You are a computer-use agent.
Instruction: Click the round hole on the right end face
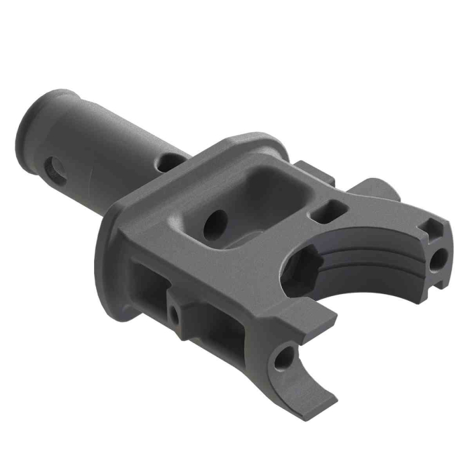441,258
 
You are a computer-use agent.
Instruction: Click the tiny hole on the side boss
176,314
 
